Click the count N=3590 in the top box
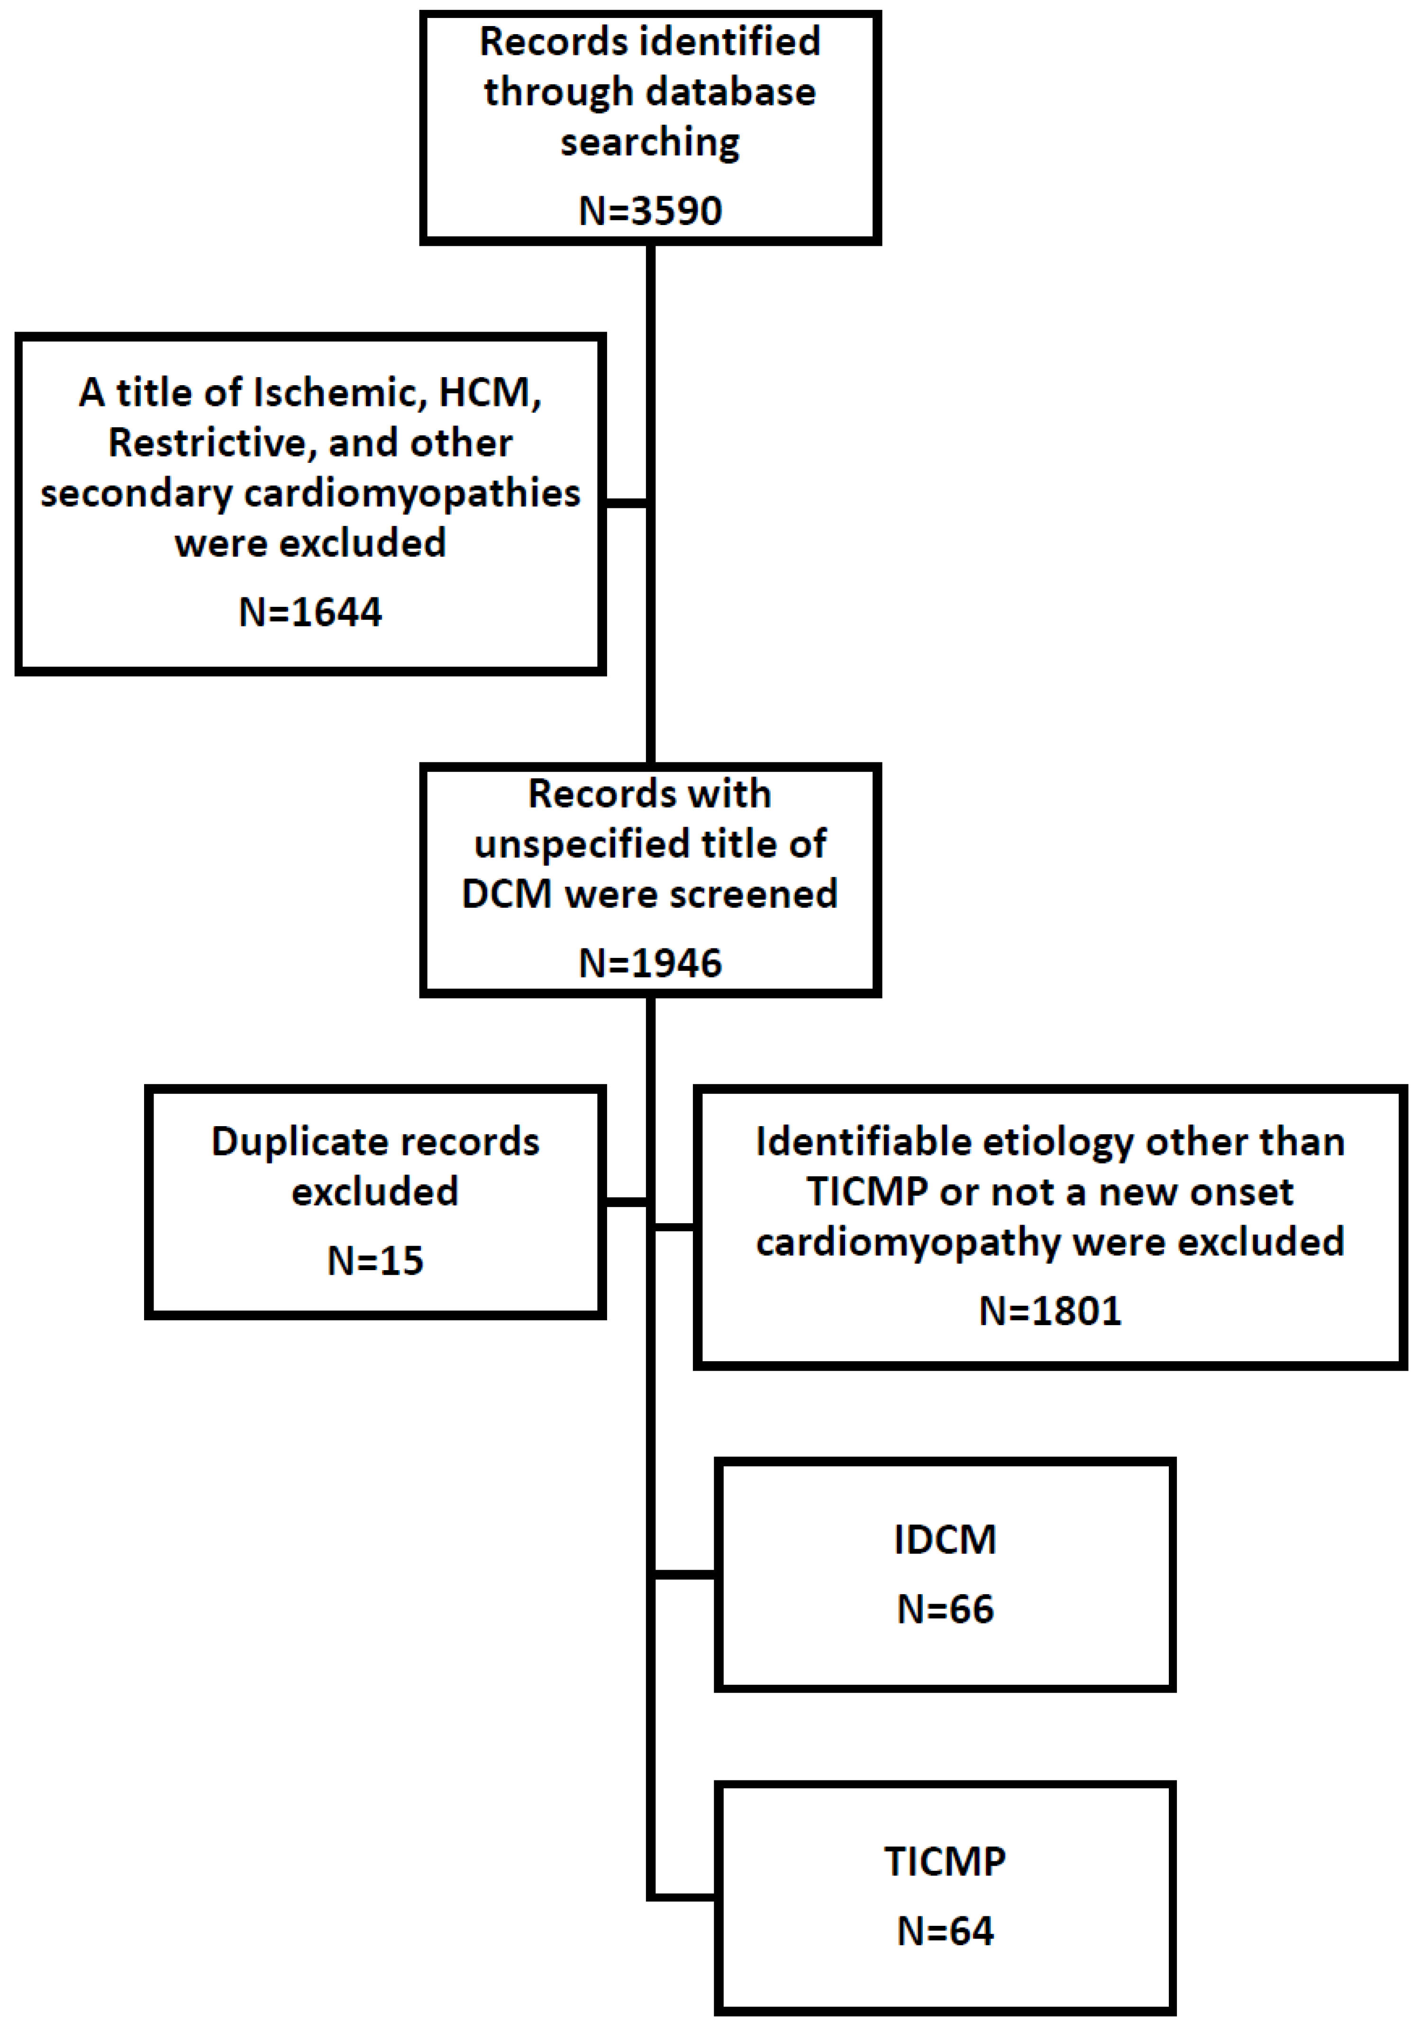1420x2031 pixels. tap(650, 210)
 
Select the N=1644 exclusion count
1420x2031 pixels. tap(310, 612)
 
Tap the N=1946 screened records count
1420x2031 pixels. tap(650, 962)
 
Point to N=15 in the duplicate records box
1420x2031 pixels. tap(375, 1261)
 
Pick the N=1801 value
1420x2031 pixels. tap(1050, 1311)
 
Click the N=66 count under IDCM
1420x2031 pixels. tap(945, 1609)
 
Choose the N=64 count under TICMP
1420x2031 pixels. tap(945, 1931)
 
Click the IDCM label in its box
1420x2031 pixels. tap(945, 1540)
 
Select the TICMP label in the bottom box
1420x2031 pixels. tap(945, 1862)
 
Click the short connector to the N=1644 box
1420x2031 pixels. tap(627, 503)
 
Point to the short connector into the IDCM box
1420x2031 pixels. tap(684, 1575)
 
